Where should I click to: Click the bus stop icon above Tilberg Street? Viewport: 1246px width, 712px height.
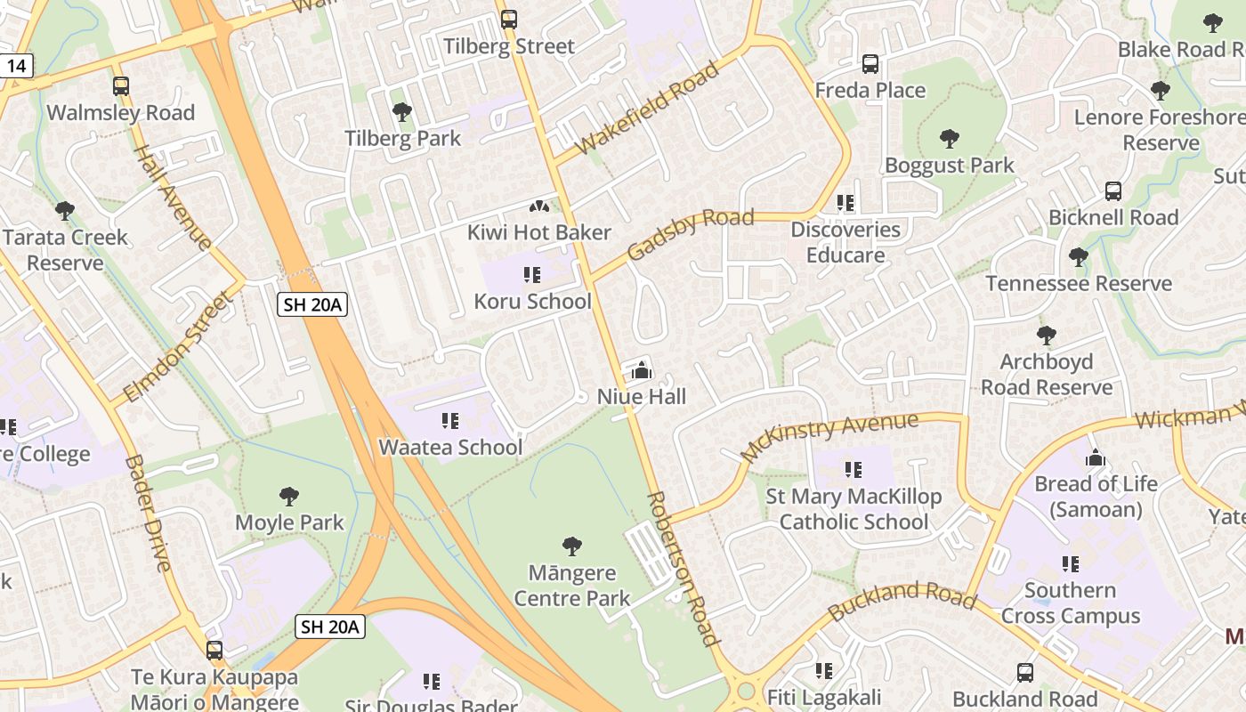coord(509,19)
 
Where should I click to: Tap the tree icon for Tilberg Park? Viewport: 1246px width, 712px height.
coord(402,112)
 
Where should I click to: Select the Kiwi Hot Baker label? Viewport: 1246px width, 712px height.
coord(539,232)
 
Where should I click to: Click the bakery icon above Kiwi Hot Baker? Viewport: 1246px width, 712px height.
coord(538,207)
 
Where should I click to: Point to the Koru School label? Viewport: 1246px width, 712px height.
coord(532,301)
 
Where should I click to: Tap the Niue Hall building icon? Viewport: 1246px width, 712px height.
coord(641,370)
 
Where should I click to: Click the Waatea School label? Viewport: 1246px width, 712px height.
coord(450,447)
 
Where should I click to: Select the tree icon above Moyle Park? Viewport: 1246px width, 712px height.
coord(289,497)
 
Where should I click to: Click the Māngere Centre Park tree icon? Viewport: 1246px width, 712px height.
coord(572,546)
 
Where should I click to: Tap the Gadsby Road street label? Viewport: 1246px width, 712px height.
coord(691,235)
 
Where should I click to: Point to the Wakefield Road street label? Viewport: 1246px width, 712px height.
coord(647,109)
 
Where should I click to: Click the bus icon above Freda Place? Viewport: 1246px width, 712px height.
coord(870,64)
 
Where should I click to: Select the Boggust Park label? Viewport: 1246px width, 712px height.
coord(949,165)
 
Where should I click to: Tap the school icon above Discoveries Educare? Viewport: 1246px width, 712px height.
coord(845,203)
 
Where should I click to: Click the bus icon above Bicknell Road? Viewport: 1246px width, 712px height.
coord(1113,191)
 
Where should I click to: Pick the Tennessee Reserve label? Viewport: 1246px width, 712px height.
coord(1079,283)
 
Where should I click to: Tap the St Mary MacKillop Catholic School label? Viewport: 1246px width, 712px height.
coord(854,509)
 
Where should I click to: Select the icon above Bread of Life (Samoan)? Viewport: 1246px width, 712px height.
coord(1096,458)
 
